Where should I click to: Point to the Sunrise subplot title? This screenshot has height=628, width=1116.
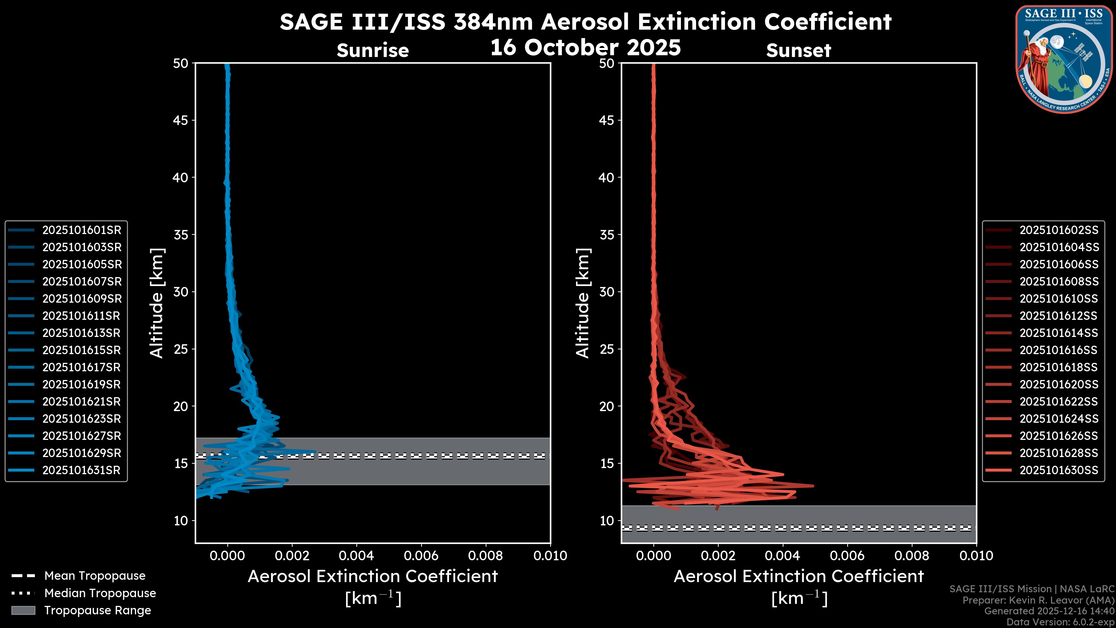coord(373,51)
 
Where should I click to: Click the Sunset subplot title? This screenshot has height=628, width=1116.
coord(798,51)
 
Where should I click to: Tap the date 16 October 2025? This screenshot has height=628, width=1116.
coord(585,47)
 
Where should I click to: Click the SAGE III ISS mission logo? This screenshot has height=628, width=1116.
coord(1064,59)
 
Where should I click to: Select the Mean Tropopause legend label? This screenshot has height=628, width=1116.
coord(95,576)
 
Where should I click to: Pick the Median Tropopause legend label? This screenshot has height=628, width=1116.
coord(100,593)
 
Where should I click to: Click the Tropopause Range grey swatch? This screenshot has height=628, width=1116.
coord(23,610)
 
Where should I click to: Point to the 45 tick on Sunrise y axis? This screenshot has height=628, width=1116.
coord(181,120)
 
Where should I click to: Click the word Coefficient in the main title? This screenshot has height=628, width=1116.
coord(827,22)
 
